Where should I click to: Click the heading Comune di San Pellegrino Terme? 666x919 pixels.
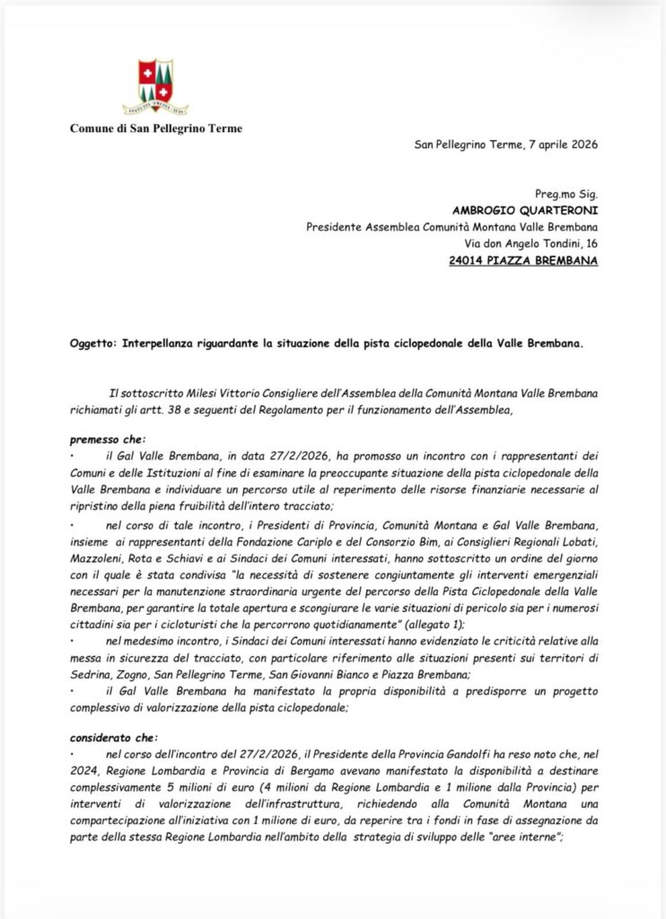[x=156, y=128]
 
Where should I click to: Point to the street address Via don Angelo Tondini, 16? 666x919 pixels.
[x=524, y=243]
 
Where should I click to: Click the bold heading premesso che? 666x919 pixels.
[x=106, y=440]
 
